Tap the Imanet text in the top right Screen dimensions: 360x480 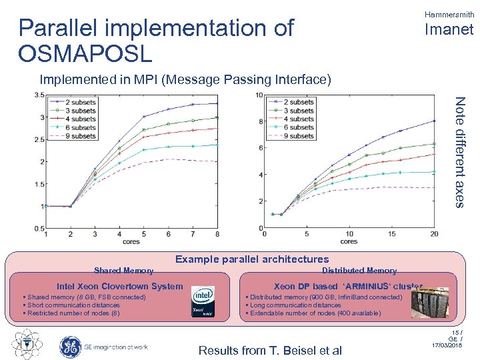click(x=449, y=29)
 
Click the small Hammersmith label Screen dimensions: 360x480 click(x=449, y=13)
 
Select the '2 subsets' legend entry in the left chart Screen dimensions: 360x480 click(x=81, y=101)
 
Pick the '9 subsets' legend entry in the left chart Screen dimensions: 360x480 click(x=81, y=135)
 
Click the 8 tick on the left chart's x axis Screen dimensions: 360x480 click(x=217, y=234)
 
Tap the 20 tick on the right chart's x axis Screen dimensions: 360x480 click(x=435, y=234)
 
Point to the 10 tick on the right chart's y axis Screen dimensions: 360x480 click(x=259, y=95)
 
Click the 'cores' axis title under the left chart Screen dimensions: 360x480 click(x=132, y=241)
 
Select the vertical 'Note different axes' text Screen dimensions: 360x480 click(x=460, y=151)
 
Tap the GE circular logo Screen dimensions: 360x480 click(x=70, y=346)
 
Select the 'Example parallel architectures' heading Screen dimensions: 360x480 click(x=251, y=259)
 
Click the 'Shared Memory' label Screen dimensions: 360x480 click(x=123, y=271)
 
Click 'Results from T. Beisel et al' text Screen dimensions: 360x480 click(x=270, y=351)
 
